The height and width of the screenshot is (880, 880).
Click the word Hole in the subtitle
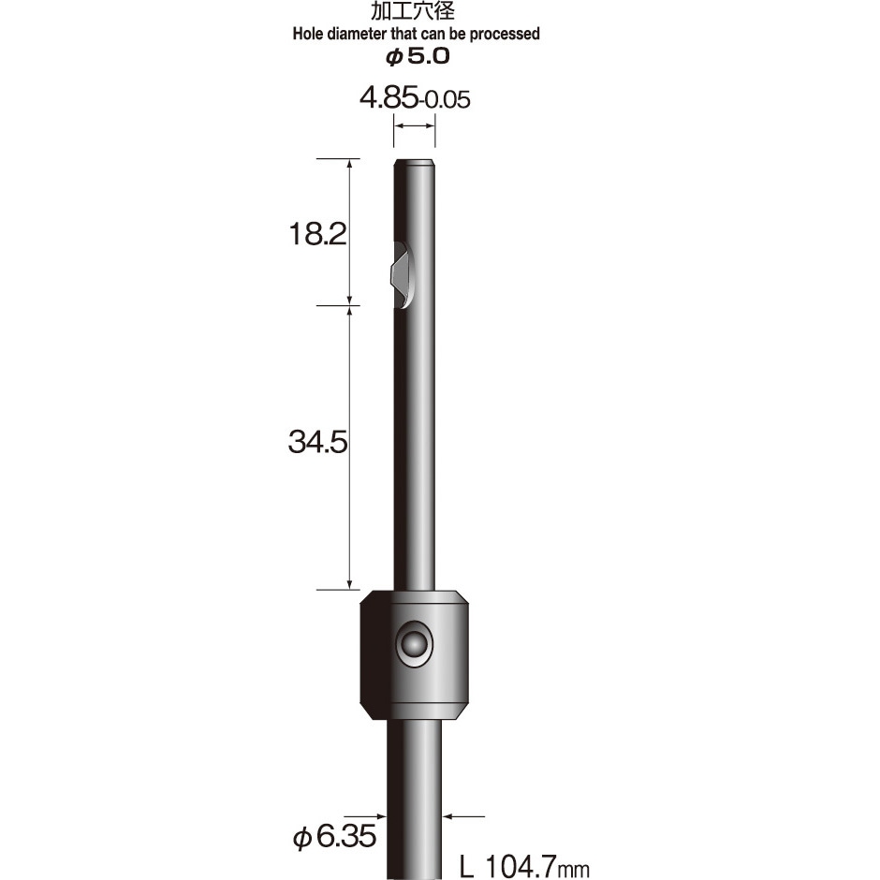pos(311,34)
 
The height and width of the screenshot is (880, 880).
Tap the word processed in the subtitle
pos(506,34)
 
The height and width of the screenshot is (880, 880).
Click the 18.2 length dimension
pos(317,233)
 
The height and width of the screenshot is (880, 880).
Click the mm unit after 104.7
pos(575,870)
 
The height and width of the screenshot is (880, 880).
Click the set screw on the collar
pos(411,644)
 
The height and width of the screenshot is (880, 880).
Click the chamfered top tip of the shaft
pos(414,164)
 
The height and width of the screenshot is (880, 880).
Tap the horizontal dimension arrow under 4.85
pos(414,130)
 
